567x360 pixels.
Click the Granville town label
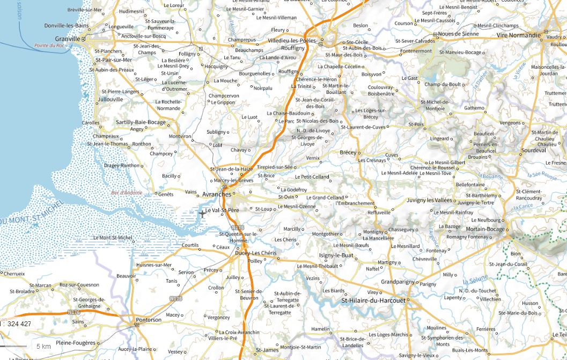[x=67, y=39]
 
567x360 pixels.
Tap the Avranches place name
[x=217, y=194]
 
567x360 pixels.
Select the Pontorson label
[x=148, y=320]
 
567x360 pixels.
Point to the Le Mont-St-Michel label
[x=113, y=237]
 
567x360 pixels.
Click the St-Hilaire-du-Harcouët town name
[x=373, y=300]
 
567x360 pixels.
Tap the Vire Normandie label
[x=519, y=35]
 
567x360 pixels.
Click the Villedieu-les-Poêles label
[x=292, y=40]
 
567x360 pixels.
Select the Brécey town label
[x=348, y=152]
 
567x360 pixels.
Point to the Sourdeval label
[x=533, y=150]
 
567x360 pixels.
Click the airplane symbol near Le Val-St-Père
[x=202, y=214]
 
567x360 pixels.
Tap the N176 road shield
[x=75, y=312]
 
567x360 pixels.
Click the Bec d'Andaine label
[x=127, y=193]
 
